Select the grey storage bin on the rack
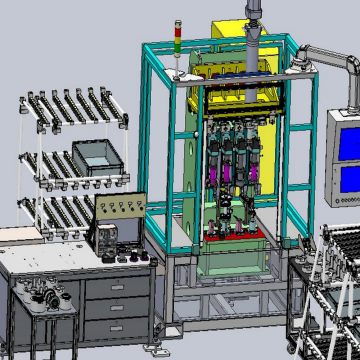click(95, 157)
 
